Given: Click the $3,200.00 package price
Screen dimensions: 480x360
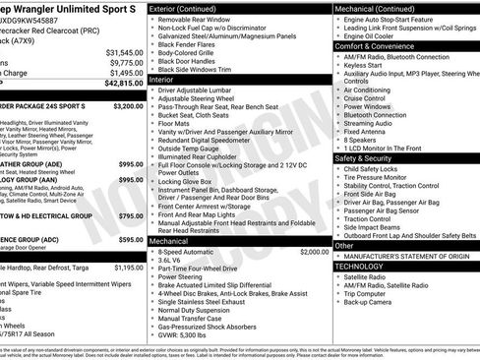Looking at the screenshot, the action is (x=128, y=105).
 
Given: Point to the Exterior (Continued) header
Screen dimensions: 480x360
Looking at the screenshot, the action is (x=183, y=8).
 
